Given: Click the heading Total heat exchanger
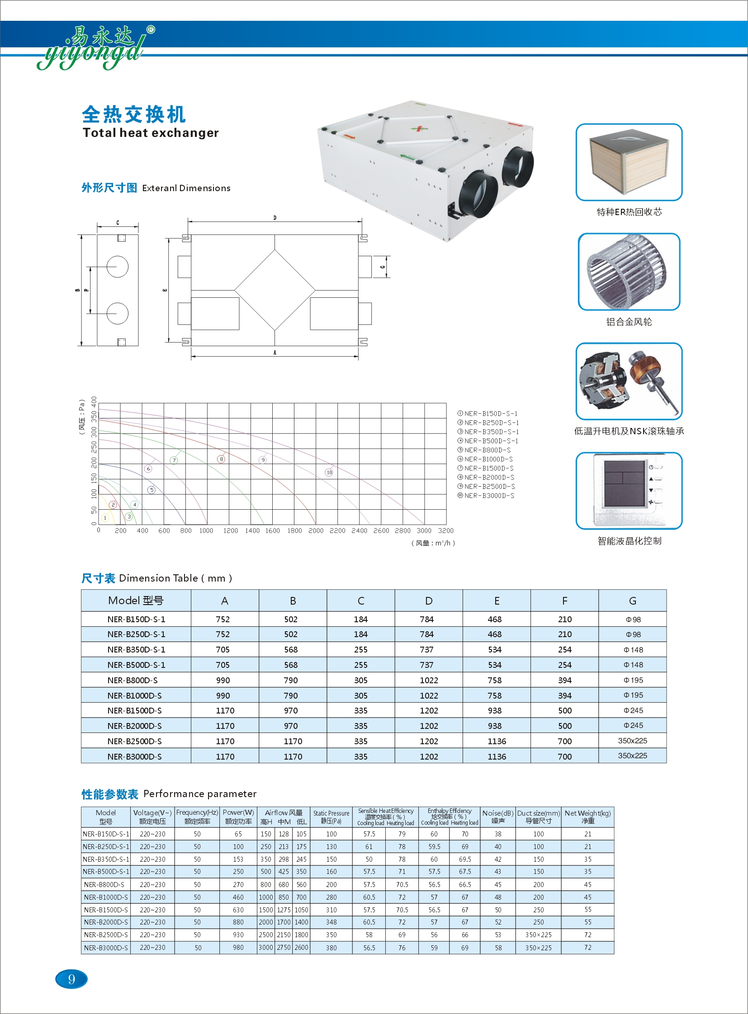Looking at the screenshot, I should (150, 133).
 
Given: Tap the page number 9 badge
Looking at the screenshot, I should (71, 979).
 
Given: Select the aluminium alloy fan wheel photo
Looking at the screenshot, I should (629, 272).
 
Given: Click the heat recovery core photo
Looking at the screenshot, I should (629, 162).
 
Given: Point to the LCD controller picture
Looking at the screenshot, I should (629, 490).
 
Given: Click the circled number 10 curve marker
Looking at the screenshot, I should (329, 472).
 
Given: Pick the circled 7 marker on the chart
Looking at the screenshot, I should (174, 460).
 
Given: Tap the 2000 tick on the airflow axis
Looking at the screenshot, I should (316, 531).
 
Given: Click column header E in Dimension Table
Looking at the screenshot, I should (497, 601).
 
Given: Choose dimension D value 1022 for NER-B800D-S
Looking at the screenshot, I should (429, 680).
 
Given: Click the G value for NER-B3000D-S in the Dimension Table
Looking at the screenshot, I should (632, 756).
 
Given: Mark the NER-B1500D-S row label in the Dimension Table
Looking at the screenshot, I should (134, 710).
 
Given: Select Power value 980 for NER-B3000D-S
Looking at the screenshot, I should (238, 948).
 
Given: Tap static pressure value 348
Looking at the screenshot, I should (331, 922).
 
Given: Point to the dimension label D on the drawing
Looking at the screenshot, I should (275, 218).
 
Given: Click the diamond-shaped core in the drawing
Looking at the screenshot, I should (275, 290).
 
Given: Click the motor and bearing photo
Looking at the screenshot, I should (629, 381).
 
